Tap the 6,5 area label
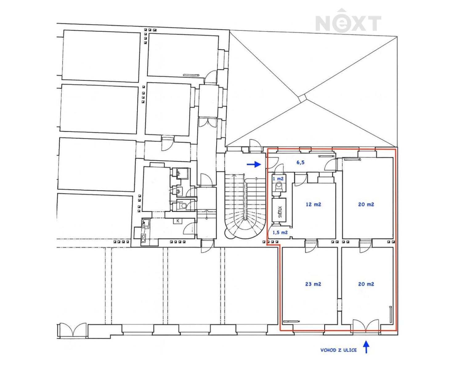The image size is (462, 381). pos(300,162)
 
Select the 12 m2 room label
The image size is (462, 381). pos(313,204)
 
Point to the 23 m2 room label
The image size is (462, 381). pos(313,284)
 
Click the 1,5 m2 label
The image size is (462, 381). pos(280,232)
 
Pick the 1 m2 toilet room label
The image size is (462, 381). pos(278,178)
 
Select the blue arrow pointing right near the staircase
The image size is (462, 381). pos(254,164)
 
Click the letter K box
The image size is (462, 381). pos(178,221)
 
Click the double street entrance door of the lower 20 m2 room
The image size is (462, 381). pos(366,325)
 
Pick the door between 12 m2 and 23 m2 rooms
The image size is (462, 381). pos(311,246)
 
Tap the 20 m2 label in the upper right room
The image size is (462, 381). pos(366,204)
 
